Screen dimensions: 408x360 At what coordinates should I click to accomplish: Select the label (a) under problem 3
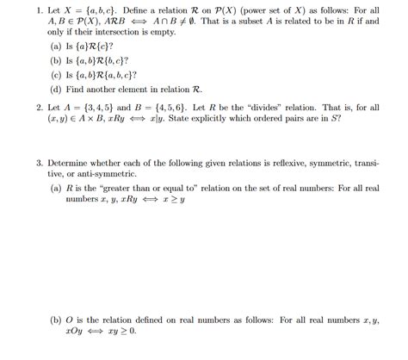(x=56, y=187)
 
